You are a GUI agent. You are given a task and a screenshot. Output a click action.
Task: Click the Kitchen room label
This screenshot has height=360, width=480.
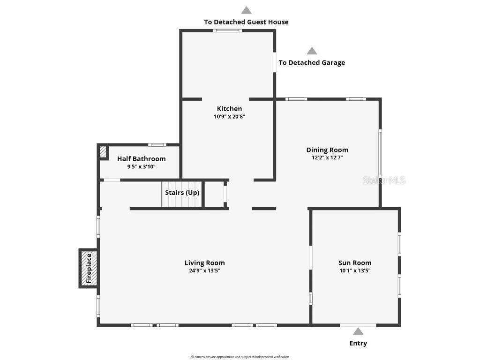coord(229,109)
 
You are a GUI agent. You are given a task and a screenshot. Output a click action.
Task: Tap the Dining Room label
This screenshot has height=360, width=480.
coord(327,150)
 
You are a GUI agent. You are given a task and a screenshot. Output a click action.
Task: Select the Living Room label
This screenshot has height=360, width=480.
coord(204,263)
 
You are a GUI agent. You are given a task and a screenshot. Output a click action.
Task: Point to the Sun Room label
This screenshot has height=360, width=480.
coord(355,263)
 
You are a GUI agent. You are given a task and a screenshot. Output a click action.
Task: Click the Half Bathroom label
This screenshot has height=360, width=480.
coord(141,159)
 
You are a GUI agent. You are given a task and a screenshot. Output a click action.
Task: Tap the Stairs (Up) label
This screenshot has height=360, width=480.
coord(182,193)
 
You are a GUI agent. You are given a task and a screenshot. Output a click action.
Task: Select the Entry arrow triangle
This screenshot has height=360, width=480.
coord(358,332)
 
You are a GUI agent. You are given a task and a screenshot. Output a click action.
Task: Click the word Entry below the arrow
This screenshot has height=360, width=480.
coord(358,343)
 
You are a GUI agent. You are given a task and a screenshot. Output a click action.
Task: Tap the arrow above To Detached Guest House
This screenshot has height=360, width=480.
coord(246,10)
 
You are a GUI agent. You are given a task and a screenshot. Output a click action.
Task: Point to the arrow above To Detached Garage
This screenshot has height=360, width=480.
coord(312,51)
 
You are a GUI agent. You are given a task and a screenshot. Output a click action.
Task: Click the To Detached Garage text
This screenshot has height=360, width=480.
coord(312,63)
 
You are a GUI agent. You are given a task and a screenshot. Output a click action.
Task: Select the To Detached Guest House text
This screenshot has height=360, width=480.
coord(246,22)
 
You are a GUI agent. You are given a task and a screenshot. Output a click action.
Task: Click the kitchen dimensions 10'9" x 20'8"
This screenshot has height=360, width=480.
coord(229,117)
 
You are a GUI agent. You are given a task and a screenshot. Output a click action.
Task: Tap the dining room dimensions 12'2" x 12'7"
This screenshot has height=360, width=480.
coord(327,158)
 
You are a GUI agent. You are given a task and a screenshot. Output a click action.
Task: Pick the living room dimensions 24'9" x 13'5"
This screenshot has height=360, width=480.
coord(204,270)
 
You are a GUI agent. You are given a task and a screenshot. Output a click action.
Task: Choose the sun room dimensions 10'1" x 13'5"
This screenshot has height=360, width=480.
coord(355,270)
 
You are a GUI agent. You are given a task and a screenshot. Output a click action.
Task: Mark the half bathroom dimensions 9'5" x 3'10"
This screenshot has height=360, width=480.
coord(141,166)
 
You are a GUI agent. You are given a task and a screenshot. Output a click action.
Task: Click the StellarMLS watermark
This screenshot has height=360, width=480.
coord(384,180)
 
